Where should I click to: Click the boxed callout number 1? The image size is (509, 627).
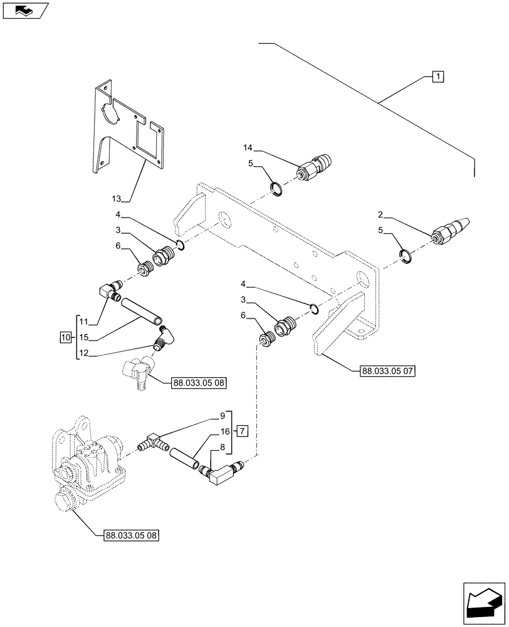tap(438, 76)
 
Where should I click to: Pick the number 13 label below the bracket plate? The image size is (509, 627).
tap(117, 199)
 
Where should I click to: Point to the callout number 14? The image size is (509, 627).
tap(248, 147)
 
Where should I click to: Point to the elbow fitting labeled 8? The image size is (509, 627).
tap(219, 475)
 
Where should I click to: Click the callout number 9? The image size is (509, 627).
tap(221, 415)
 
